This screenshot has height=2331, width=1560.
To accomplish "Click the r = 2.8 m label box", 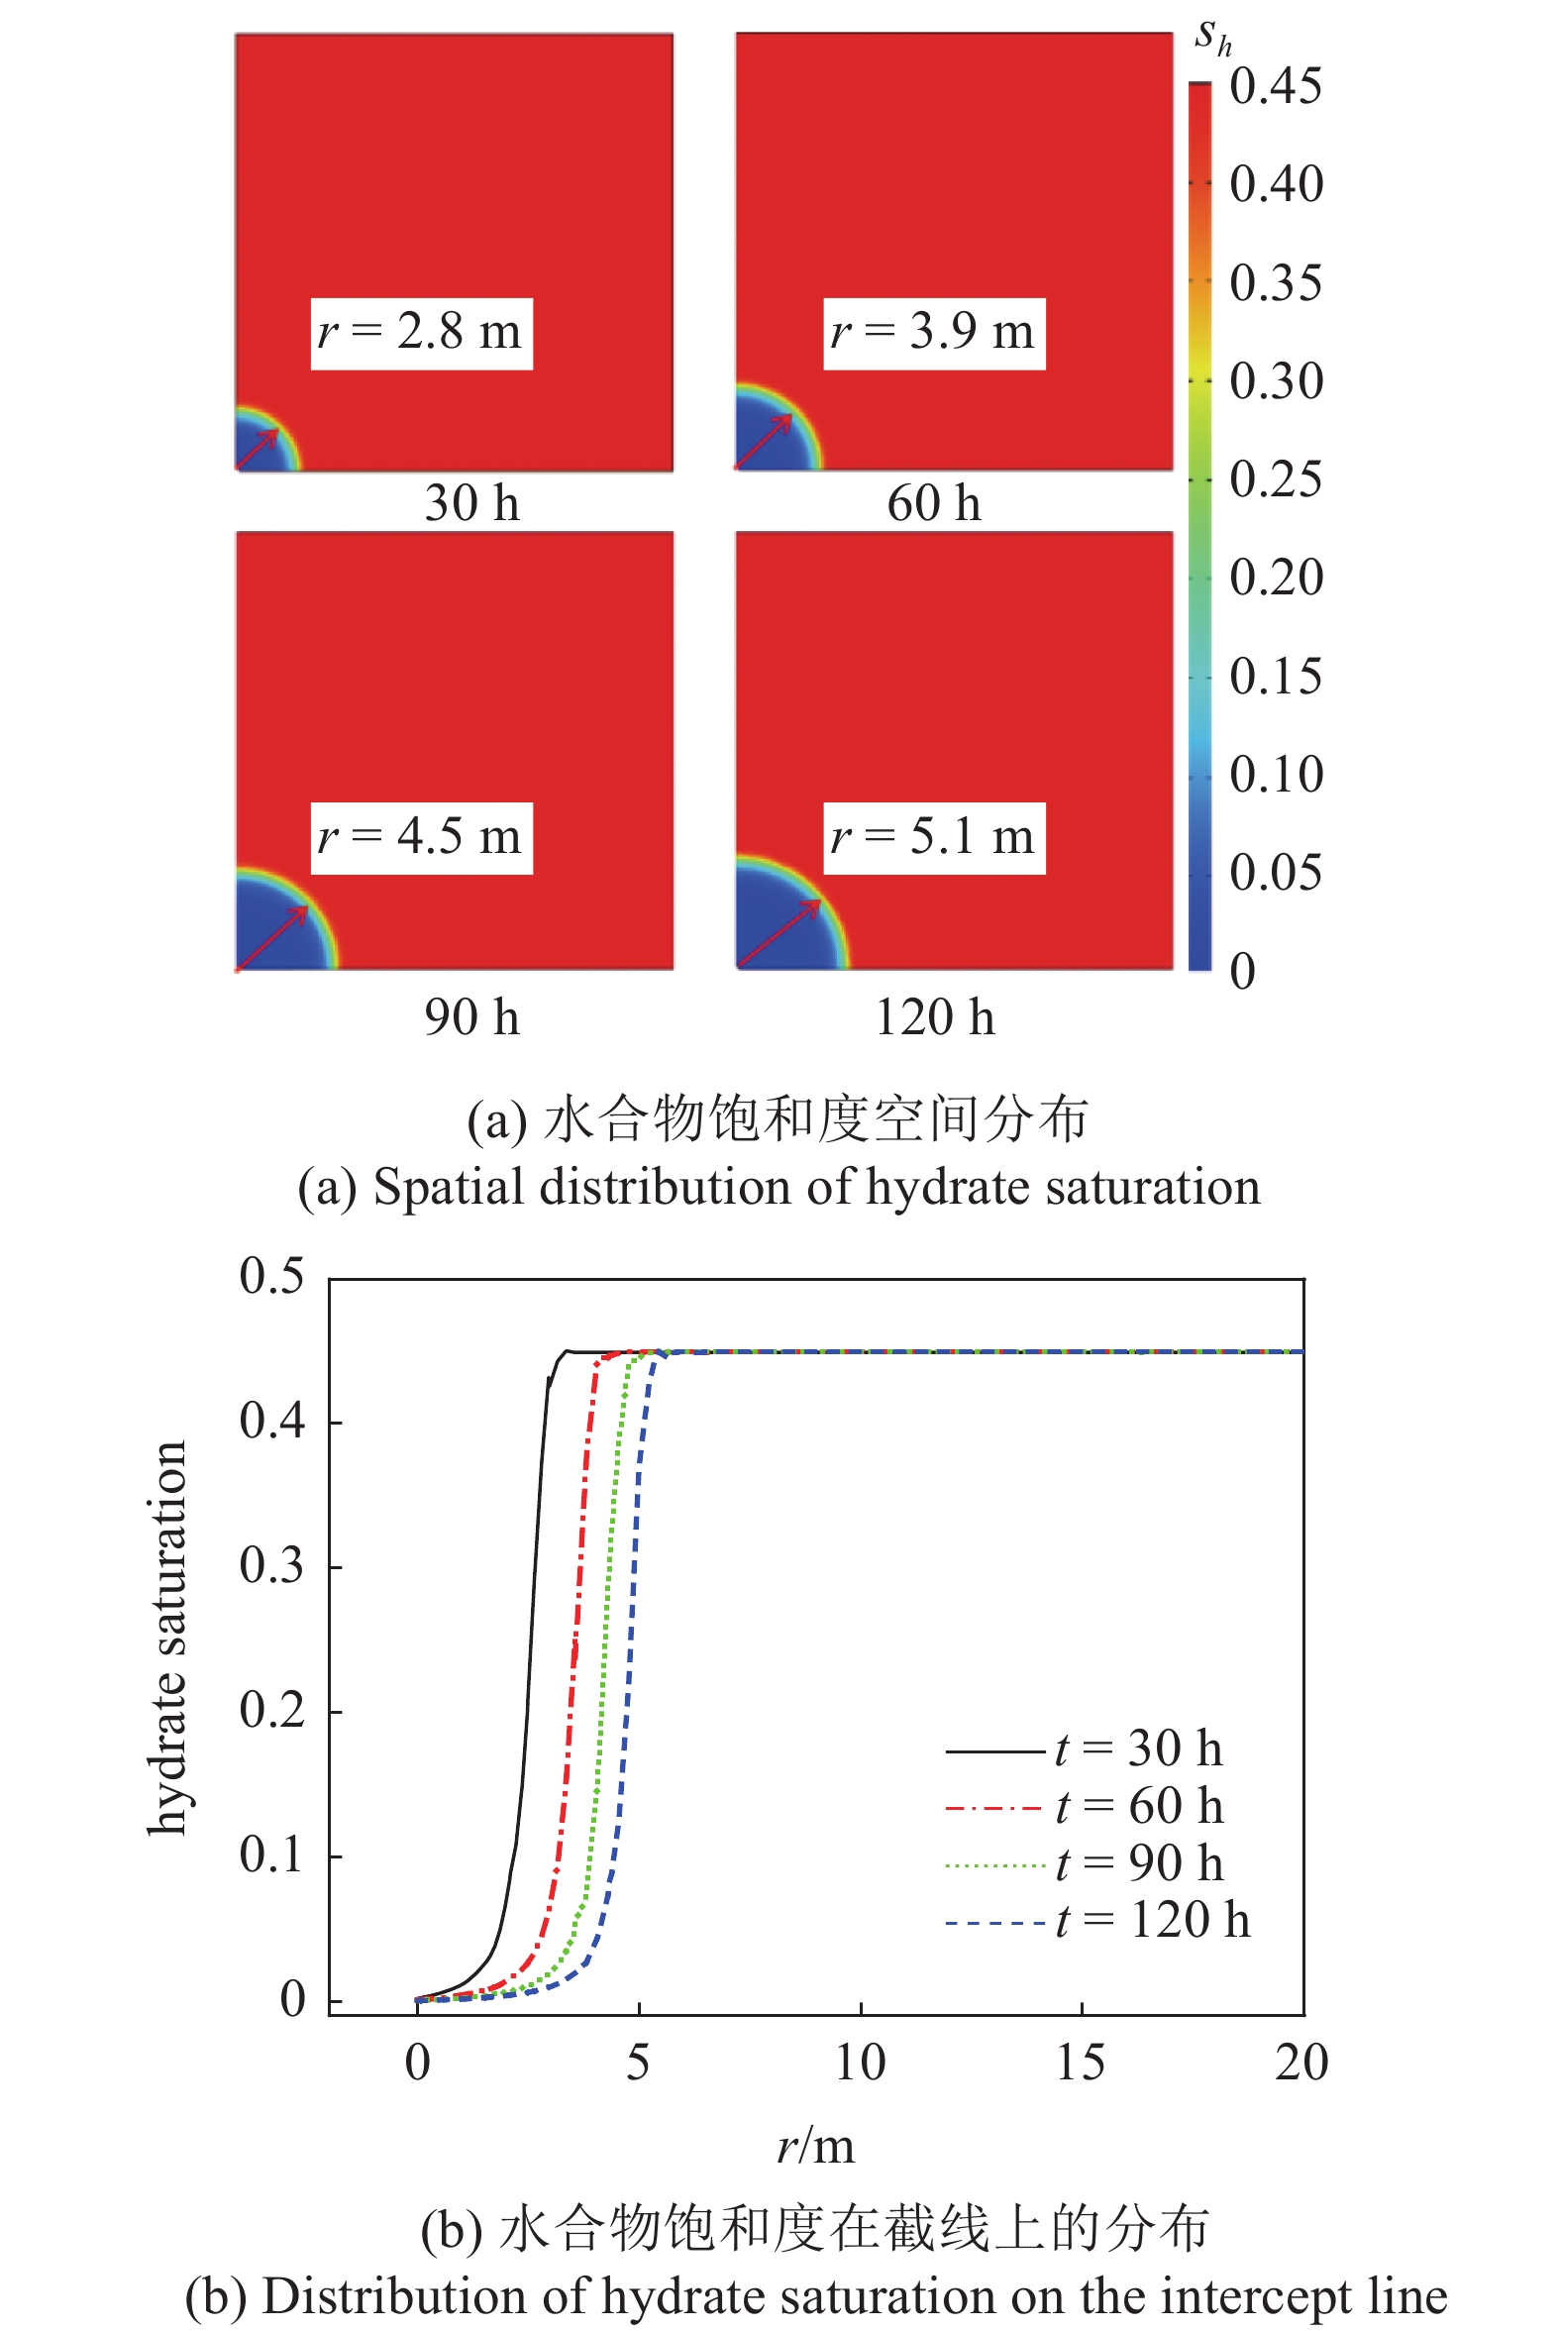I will pos(421,333).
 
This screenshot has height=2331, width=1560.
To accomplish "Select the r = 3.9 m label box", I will pos(933,333).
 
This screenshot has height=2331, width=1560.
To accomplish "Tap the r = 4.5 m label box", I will pos(421,838).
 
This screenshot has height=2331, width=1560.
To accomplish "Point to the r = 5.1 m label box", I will pos(933,838).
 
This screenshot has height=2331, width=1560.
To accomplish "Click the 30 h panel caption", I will pos(471,503).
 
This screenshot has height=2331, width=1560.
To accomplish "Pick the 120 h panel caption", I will pos(933,1017).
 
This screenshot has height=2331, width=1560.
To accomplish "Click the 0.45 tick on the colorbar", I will pos(1275,86).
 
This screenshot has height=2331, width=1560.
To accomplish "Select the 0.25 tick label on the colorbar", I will pos(1275,479).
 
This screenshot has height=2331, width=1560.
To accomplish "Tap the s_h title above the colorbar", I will pos(1212,38).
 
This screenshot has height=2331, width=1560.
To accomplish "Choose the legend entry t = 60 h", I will pos(1085,1806).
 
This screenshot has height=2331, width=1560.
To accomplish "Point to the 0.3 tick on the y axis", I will pos(270,1566).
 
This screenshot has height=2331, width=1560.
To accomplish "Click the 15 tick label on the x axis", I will pos(1081,2063).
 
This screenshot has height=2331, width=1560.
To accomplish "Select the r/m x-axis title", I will pos(815,2147).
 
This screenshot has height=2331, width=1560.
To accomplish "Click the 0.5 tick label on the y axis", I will pos(270,1276).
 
